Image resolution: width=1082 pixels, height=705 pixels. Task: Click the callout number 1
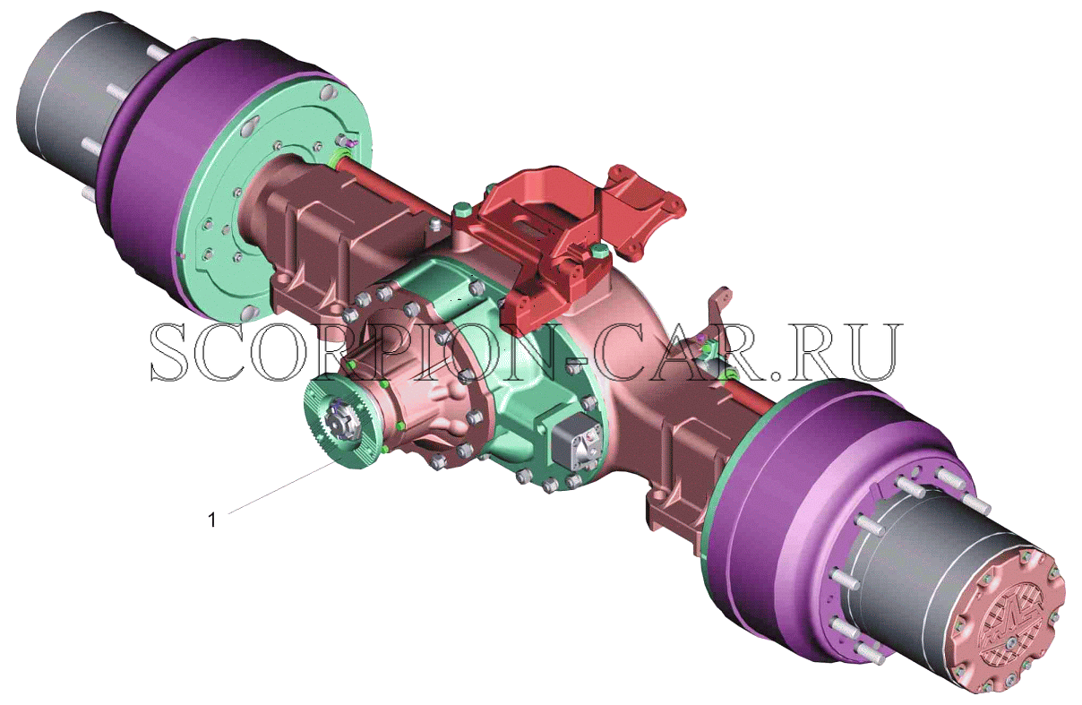pyautogui.click(x=211, y=520)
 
